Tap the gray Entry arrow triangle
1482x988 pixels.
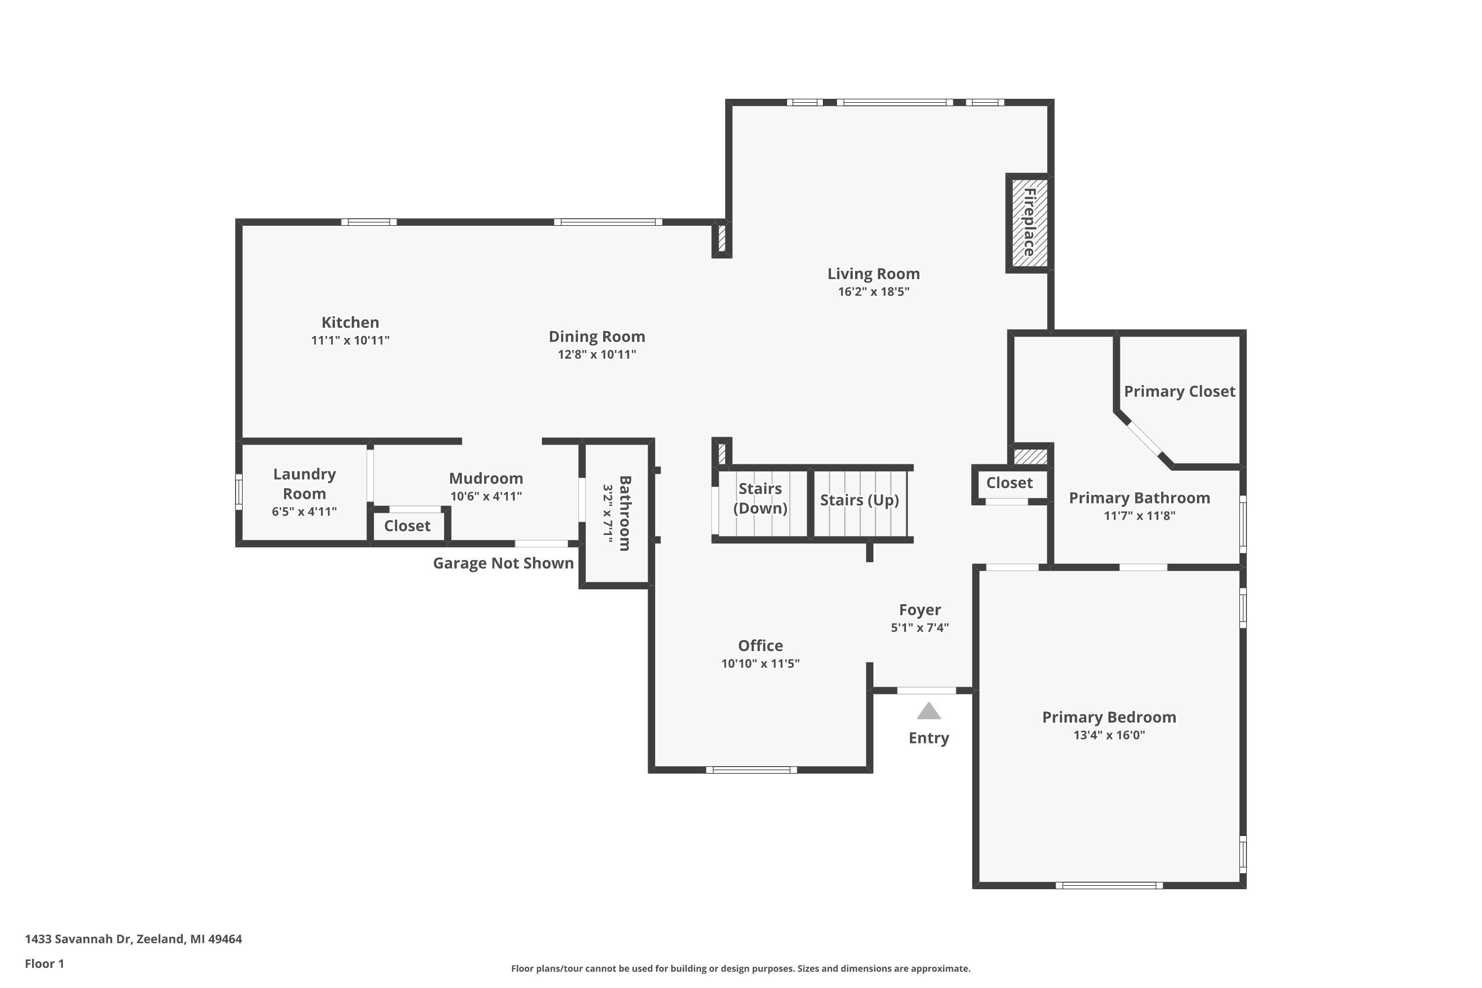point(928,712)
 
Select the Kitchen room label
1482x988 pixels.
point(350,323)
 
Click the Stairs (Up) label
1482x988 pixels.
point(860,500)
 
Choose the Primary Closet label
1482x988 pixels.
point(1180,392)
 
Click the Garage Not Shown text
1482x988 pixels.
point(503,563)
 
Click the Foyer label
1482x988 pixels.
point(919,610)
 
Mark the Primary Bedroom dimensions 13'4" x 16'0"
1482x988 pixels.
point(1109,735)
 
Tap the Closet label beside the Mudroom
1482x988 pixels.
point(407,526)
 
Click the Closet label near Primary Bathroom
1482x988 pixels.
point(1009,483)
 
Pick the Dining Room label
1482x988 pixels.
point(597,337)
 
